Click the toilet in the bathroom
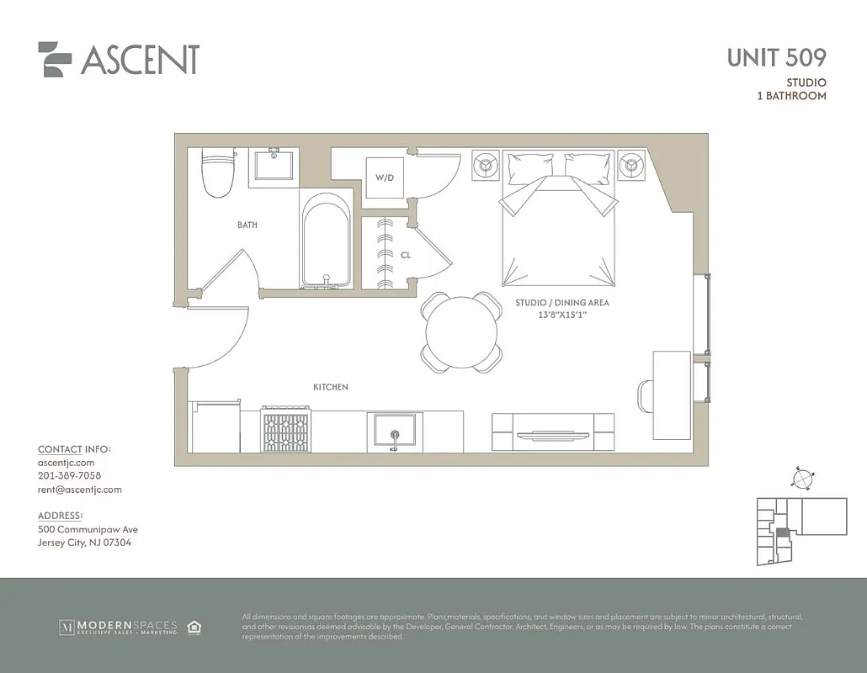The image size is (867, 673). click(218, 172)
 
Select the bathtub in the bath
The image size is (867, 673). click(326, 241)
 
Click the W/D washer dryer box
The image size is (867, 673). click(385, 178)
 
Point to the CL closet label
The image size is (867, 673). click(405, 254)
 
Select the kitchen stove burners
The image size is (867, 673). click(286, 430)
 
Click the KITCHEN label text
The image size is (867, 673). click(330, 387)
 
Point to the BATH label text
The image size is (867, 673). click(247, 225)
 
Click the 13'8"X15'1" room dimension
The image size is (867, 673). click(561, 315)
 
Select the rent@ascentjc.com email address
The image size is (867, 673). click(80, 490)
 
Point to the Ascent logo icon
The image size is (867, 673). click(55, 60)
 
